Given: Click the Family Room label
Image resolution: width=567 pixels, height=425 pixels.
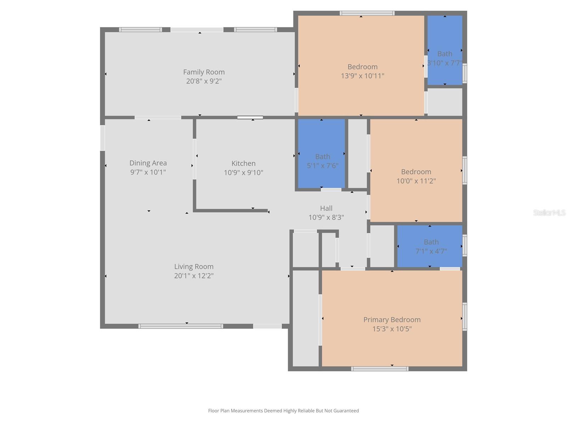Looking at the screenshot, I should tap(204, 72).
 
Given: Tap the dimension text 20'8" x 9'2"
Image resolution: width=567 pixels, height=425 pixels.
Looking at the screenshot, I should tap(204, 81).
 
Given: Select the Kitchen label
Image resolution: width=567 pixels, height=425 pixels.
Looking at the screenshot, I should tap(243, 163).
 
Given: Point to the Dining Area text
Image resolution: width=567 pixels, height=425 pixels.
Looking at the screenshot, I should tap(148, 163).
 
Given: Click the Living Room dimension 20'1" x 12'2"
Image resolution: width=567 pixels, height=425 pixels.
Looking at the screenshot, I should tap(193, 276).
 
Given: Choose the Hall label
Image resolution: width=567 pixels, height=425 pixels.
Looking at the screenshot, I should tap(326, 208).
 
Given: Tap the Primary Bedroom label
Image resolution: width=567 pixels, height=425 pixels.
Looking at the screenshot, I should tap(392, 319).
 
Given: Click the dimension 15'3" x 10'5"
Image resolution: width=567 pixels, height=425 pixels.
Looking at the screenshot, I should tap(392, 329).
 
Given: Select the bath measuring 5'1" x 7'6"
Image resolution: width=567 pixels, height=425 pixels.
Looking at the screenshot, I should tap(322, 156).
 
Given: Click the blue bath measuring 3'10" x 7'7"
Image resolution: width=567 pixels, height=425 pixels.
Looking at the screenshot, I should tap(445, 50).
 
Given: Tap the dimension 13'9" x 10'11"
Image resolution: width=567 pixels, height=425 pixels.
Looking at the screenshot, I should tap(363, 76).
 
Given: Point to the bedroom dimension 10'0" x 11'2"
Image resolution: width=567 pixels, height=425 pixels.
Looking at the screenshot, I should tap(416, 181).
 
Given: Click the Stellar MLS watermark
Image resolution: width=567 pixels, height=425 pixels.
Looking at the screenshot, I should tap(549, 212).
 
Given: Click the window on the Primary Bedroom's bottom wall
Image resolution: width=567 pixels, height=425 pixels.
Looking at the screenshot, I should tap(380, 369).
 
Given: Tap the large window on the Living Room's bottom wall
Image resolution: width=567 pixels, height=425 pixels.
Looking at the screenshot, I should tap(180, 326).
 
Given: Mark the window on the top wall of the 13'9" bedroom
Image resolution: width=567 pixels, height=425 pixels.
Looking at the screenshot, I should tap(367, 13).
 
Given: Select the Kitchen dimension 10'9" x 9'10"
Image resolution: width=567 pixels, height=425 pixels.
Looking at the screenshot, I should tap(243, 173).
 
